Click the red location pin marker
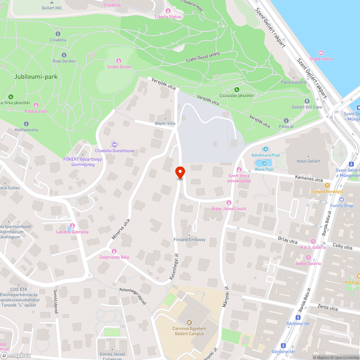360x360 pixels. click(x=180, y=172)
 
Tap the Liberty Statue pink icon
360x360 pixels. click(x=168, y=10)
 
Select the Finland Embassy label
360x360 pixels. click(x=189, y=239)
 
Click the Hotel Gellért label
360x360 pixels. click(x=308, y=161)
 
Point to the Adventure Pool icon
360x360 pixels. click(x=266, y=149)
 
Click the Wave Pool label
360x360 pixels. click(x=264, y=169)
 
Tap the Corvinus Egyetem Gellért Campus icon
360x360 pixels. click(x=189, y=323)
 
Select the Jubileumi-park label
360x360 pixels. click(x=36, y=77)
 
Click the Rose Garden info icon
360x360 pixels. click(x=64, y=55)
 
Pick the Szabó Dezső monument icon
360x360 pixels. click(x=119, y=60)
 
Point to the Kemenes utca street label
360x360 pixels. click(x=309, y=177)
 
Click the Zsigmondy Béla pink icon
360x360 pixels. click(x=114, y=251)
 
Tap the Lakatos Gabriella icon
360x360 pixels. click(x=72, y=226)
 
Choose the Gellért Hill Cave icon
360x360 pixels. click(x=307, y=101)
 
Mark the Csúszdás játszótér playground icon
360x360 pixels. click(x=237, y=89)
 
